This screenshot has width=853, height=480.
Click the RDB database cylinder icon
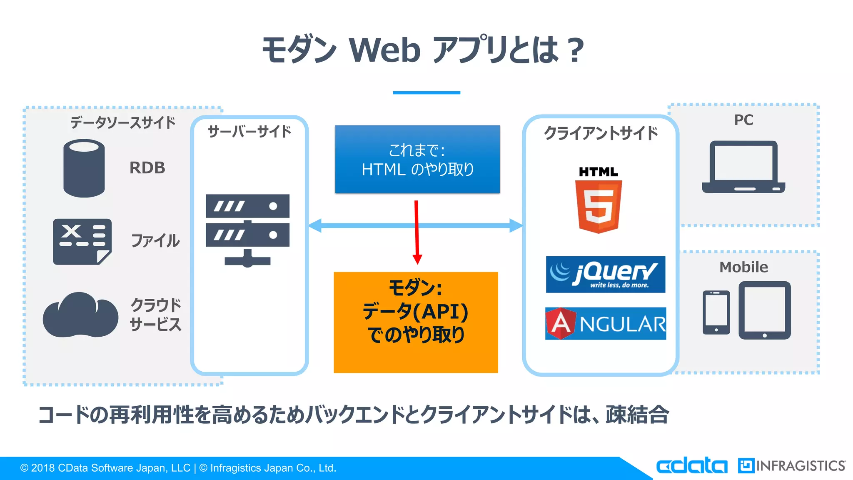[x=84, y=168]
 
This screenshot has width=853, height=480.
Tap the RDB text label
[x=147, y=168]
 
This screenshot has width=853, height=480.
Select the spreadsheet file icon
[x=82, y=242]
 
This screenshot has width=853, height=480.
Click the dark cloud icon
[x=80, y=316]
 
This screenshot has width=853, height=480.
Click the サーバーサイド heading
[x=249, y=132]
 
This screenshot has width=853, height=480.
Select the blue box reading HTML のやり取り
[x=417, y=159]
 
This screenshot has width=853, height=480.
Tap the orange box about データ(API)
[x=416, y=322]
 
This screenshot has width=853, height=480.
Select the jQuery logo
[x=605, y=275]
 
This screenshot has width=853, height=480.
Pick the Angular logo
[x=605, y=324]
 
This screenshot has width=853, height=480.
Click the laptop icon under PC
[x=743, y=167]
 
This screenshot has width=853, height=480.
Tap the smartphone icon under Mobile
[x=716, y=312]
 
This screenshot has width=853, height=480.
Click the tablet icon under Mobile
[x=764, y=310]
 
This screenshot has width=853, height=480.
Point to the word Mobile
[x=743, y=267]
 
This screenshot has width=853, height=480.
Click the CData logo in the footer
[x=691, y=465]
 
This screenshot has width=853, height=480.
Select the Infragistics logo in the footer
[x=791, y=465]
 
